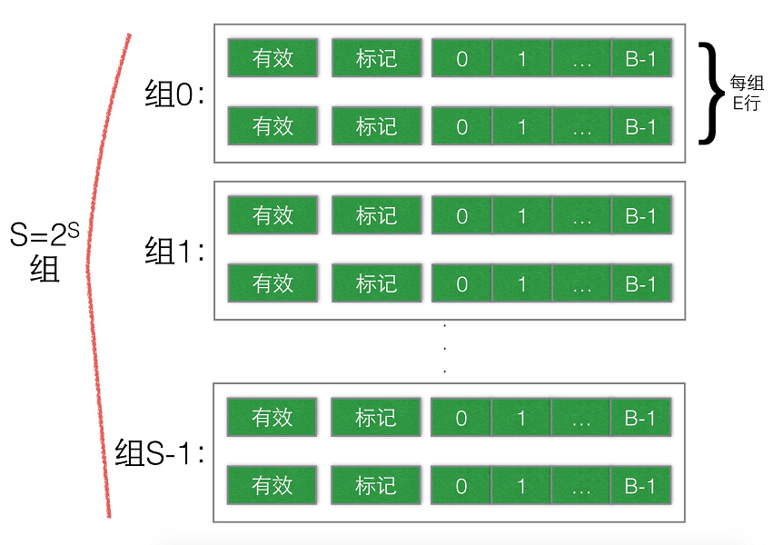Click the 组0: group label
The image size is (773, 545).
point(174,94)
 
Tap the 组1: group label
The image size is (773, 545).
point(174,251)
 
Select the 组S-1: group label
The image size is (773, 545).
point(159,452)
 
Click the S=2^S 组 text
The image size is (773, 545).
point(45,252)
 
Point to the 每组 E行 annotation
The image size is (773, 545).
point(747,93)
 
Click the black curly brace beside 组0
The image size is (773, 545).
point(711,94)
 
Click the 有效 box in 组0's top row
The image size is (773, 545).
point(273,58)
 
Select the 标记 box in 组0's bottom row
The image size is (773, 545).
point(377,126)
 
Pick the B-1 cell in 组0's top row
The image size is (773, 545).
point(641,58)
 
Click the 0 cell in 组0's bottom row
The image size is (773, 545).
point(462,126)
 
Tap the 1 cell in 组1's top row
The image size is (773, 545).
point(522,215)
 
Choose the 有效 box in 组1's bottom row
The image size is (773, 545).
point(273,283)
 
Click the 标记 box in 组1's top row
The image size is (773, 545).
point(377,215)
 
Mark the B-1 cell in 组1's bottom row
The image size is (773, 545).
point(641,283)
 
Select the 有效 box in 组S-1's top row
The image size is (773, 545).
point(272,417)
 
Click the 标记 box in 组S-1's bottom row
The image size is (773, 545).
point(376,485)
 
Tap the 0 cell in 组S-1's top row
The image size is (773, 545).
point(461,417)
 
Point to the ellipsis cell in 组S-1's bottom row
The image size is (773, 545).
point(580,485)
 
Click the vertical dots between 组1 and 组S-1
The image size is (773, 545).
point(445,348)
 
